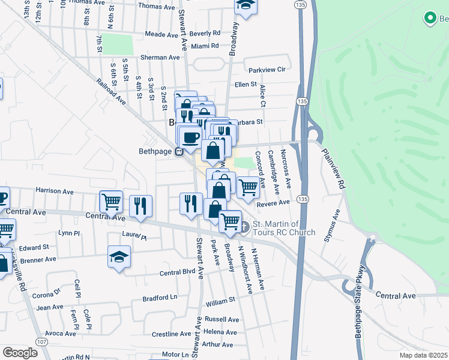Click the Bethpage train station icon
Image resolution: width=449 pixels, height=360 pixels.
(178, 152)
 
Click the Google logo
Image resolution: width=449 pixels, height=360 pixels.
(20, 353)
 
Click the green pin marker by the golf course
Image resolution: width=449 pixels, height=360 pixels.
(430, 19)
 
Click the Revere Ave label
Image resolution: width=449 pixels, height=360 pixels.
(273, 203)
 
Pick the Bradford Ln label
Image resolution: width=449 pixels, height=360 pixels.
(160, 298)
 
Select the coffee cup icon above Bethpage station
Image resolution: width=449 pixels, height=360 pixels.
(191, 137)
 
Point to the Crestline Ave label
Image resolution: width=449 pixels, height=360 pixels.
(171, 334)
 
